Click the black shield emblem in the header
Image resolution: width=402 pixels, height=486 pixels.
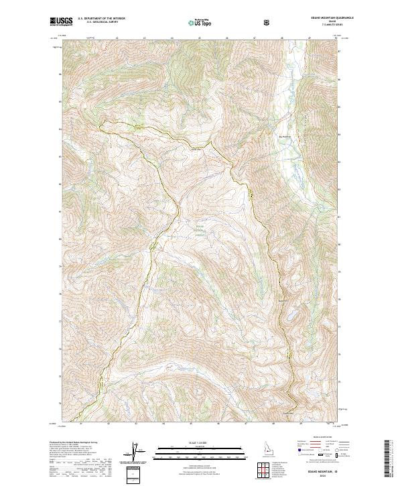pyautogui.click(x=268, y=22)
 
